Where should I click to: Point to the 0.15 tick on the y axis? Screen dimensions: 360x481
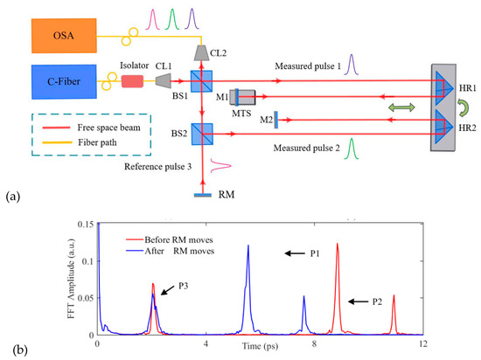(84, 225)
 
